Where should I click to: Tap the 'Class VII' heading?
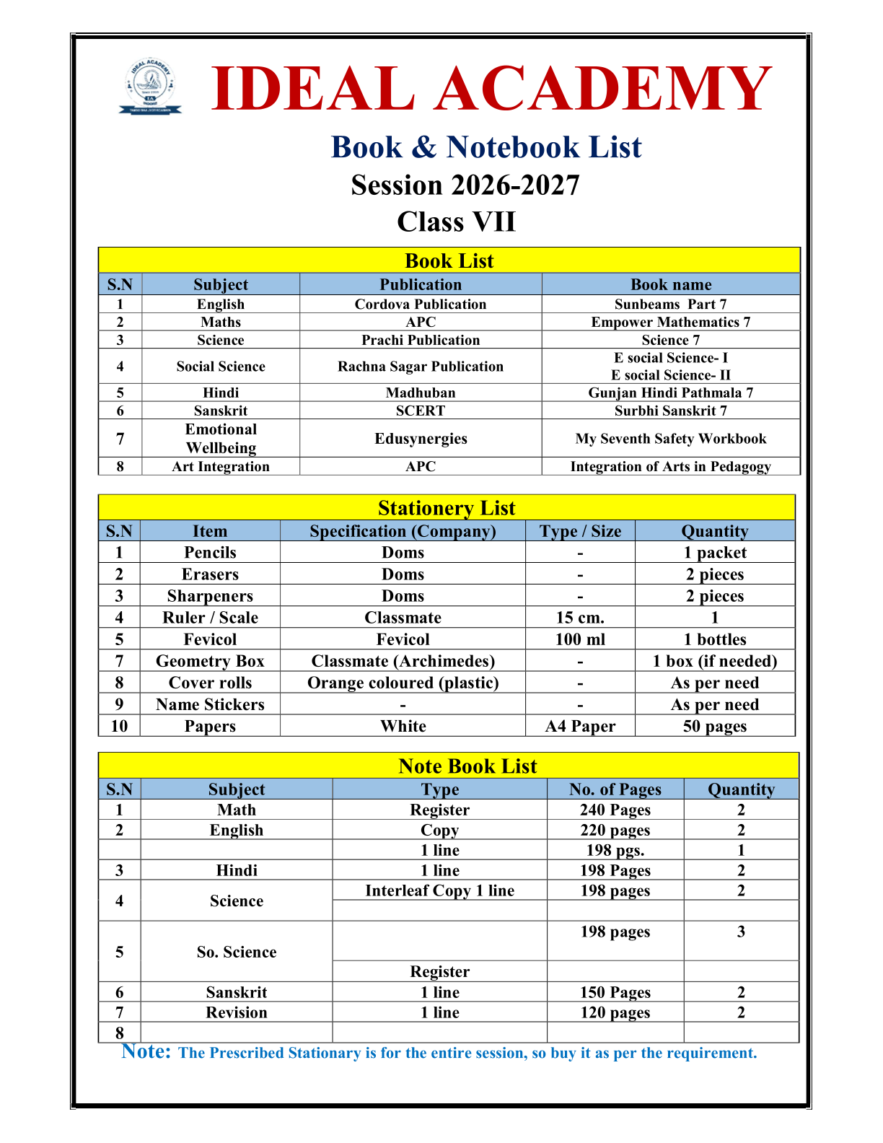[456, 222]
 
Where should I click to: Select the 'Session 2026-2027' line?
[465, 185]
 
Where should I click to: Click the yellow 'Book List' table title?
[449, 260]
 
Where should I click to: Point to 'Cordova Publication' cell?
[420, 305]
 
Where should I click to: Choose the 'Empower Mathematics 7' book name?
[670, 323]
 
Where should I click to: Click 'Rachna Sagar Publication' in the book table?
[420, 367]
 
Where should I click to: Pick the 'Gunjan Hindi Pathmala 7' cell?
[670, 393]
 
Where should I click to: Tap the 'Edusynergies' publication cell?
[420, 439]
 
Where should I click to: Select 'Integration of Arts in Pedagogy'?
[670, 467]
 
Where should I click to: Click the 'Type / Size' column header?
[580, 532]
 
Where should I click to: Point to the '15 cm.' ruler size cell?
[580, 618]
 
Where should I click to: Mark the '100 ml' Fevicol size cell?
[580, 639]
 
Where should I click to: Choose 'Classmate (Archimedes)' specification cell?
[403, 661]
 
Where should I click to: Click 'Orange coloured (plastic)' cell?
[403, 683]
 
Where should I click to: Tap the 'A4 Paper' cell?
[580, 726]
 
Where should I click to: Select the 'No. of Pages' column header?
[615, 789]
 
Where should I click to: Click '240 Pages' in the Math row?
[615, 810]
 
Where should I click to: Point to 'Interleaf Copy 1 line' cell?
[439, 891]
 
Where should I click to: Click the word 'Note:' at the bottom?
[146, 1051]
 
